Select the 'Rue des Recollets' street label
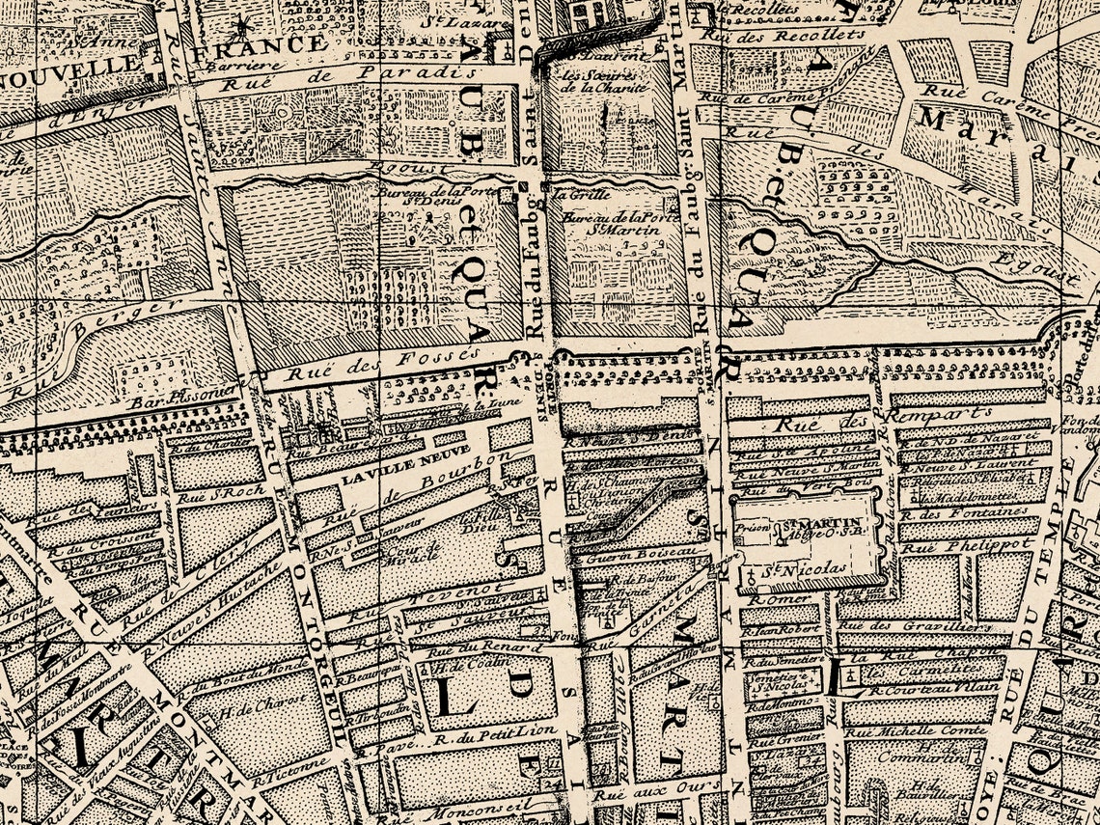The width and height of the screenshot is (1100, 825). click(x=783, y=34)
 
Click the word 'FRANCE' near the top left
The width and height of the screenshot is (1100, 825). click(x=255, y=43)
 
